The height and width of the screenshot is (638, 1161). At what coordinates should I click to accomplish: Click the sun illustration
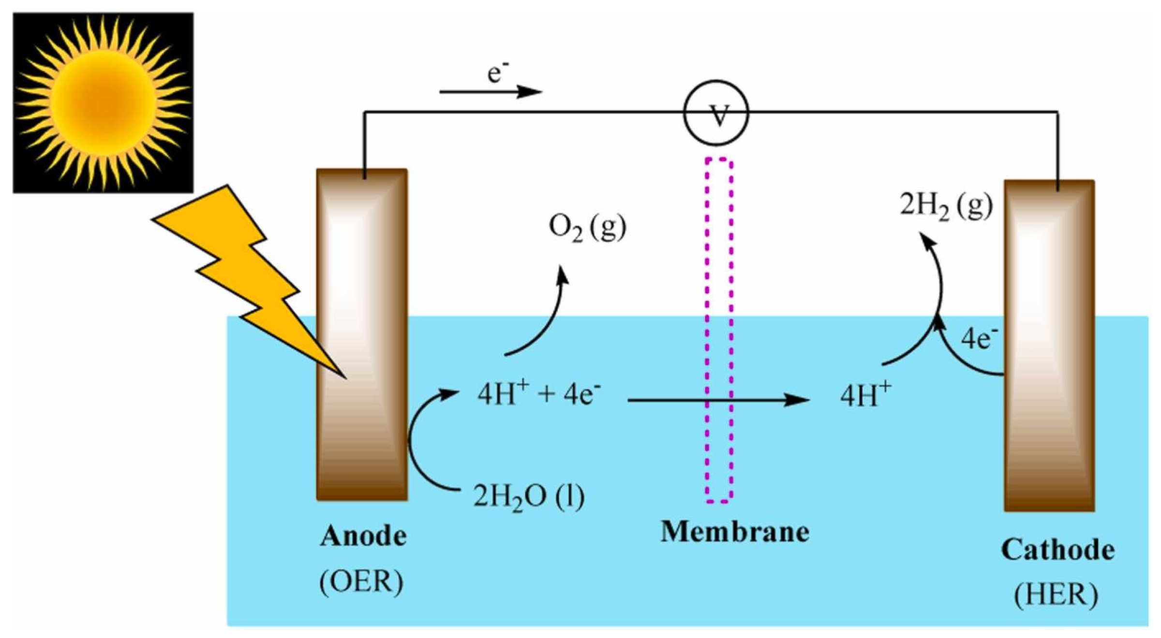(x=103, y=103)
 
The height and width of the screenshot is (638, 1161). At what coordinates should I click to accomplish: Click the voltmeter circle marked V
(x=716, y=113)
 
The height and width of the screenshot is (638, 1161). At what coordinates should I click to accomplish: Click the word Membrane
(x=735, y=532)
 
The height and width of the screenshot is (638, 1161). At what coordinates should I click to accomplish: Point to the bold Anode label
(x=363, y=536)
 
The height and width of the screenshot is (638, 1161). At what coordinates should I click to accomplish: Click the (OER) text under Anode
(x=361, y=581)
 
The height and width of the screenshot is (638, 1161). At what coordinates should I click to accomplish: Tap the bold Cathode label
(x=1057, y=550)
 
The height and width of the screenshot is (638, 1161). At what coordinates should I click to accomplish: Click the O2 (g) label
(x=587, y=227)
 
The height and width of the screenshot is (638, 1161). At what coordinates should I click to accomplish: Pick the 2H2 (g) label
(x=946, y=205)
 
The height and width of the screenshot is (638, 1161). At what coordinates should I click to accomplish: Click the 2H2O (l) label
(x=529, y=496)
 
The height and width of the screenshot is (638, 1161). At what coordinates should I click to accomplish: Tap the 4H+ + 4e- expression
(x=538, y=394)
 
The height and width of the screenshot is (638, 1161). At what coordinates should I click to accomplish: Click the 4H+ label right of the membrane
(x=865, y=395)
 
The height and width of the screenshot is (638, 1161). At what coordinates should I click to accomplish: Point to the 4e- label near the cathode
(x=979, y=338)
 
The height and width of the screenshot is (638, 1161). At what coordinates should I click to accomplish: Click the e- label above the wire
(x=497, y=73)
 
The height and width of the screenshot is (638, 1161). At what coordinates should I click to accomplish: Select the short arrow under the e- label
(x=490, y=91)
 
